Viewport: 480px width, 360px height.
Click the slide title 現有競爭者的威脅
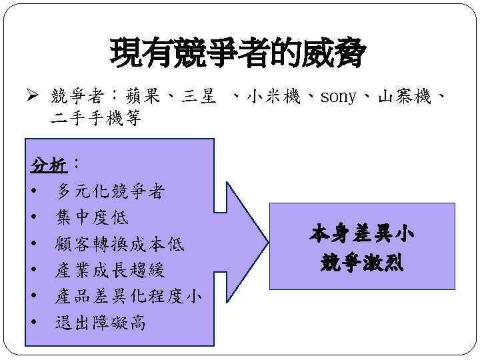pos(239,53)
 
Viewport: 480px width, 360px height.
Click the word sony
pos(339,97)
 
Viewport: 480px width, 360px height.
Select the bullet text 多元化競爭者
pos(111,192)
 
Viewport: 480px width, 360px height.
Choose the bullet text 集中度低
pos(93,218)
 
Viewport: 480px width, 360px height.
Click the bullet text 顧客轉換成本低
pos(120,245)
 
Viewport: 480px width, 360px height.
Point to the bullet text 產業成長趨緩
pos(111,271)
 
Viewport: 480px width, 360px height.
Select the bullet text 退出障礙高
pos(101,323)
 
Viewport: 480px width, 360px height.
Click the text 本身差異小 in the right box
pos(362,235)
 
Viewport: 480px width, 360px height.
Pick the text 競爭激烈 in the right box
pos(362,262)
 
